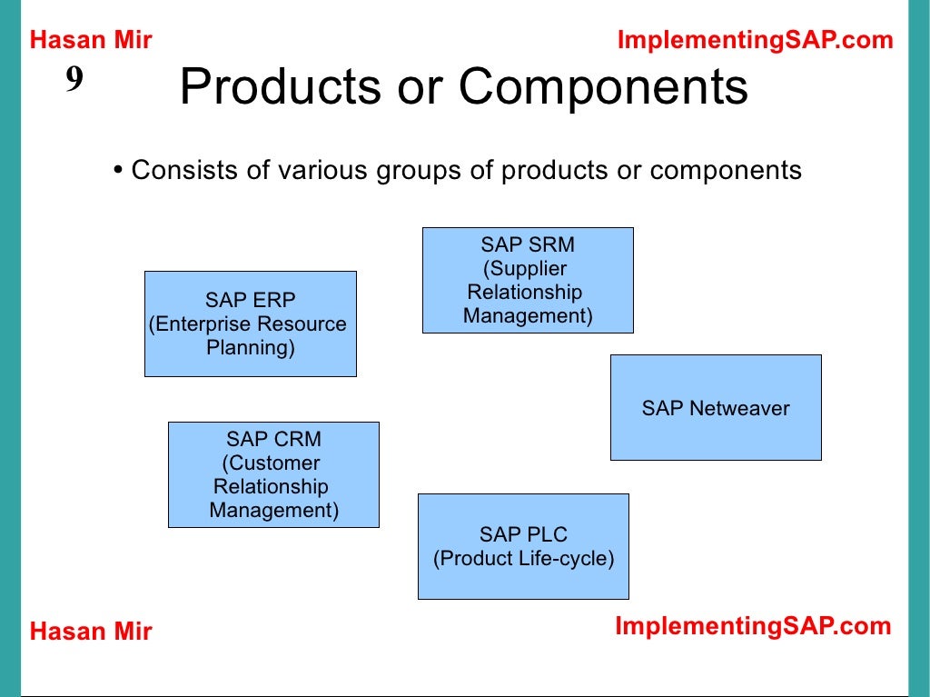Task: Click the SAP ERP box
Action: [250, 324]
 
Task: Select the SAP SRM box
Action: [527, 280]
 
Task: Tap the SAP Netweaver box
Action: [716, 407]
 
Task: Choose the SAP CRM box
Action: [273, 474]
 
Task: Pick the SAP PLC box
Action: [522, 546]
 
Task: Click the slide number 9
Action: [74, 81]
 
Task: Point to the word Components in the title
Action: [603, 87]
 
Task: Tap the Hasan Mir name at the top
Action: [91, 40]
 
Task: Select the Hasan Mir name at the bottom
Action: [91, 632]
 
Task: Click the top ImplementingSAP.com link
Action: [755, 40]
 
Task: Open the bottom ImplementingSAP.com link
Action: [753, 626]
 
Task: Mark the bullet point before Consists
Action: [118, 171]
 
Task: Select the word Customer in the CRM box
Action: [272, 463]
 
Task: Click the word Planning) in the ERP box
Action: [251, 348]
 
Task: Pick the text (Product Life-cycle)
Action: [523, 558]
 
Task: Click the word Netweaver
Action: [739, 408]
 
